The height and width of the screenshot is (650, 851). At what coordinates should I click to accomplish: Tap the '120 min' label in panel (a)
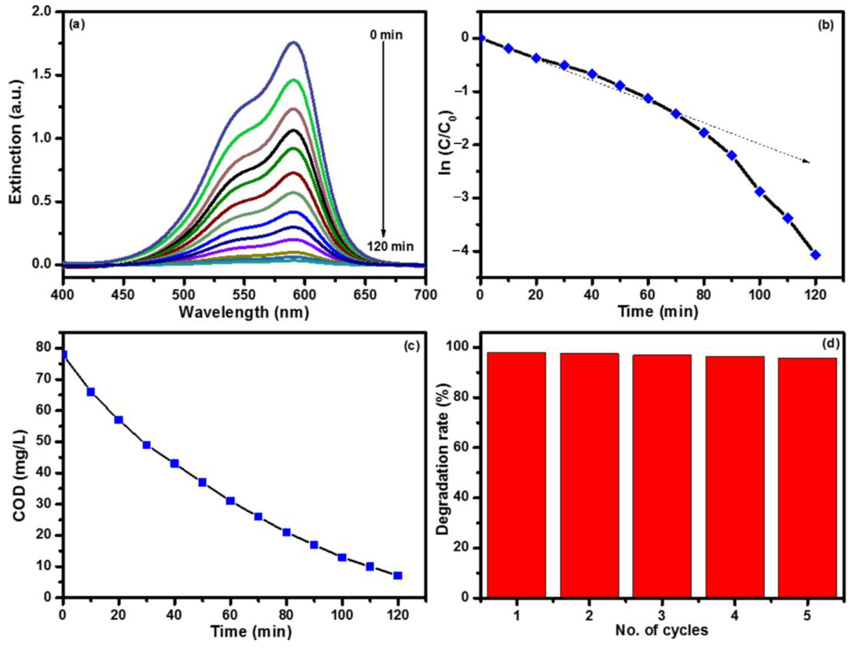(390, 246)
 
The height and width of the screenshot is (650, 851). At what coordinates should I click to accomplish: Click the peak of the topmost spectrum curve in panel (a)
(294, 42)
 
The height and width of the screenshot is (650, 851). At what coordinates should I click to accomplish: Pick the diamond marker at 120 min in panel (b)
(816, 255)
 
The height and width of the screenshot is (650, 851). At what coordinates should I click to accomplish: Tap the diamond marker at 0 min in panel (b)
(481, 38)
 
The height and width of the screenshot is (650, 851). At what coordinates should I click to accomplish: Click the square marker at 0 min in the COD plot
(63, 355)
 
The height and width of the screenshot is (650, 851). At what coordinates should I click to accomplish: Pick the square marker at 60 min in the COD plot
(230, 501)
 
